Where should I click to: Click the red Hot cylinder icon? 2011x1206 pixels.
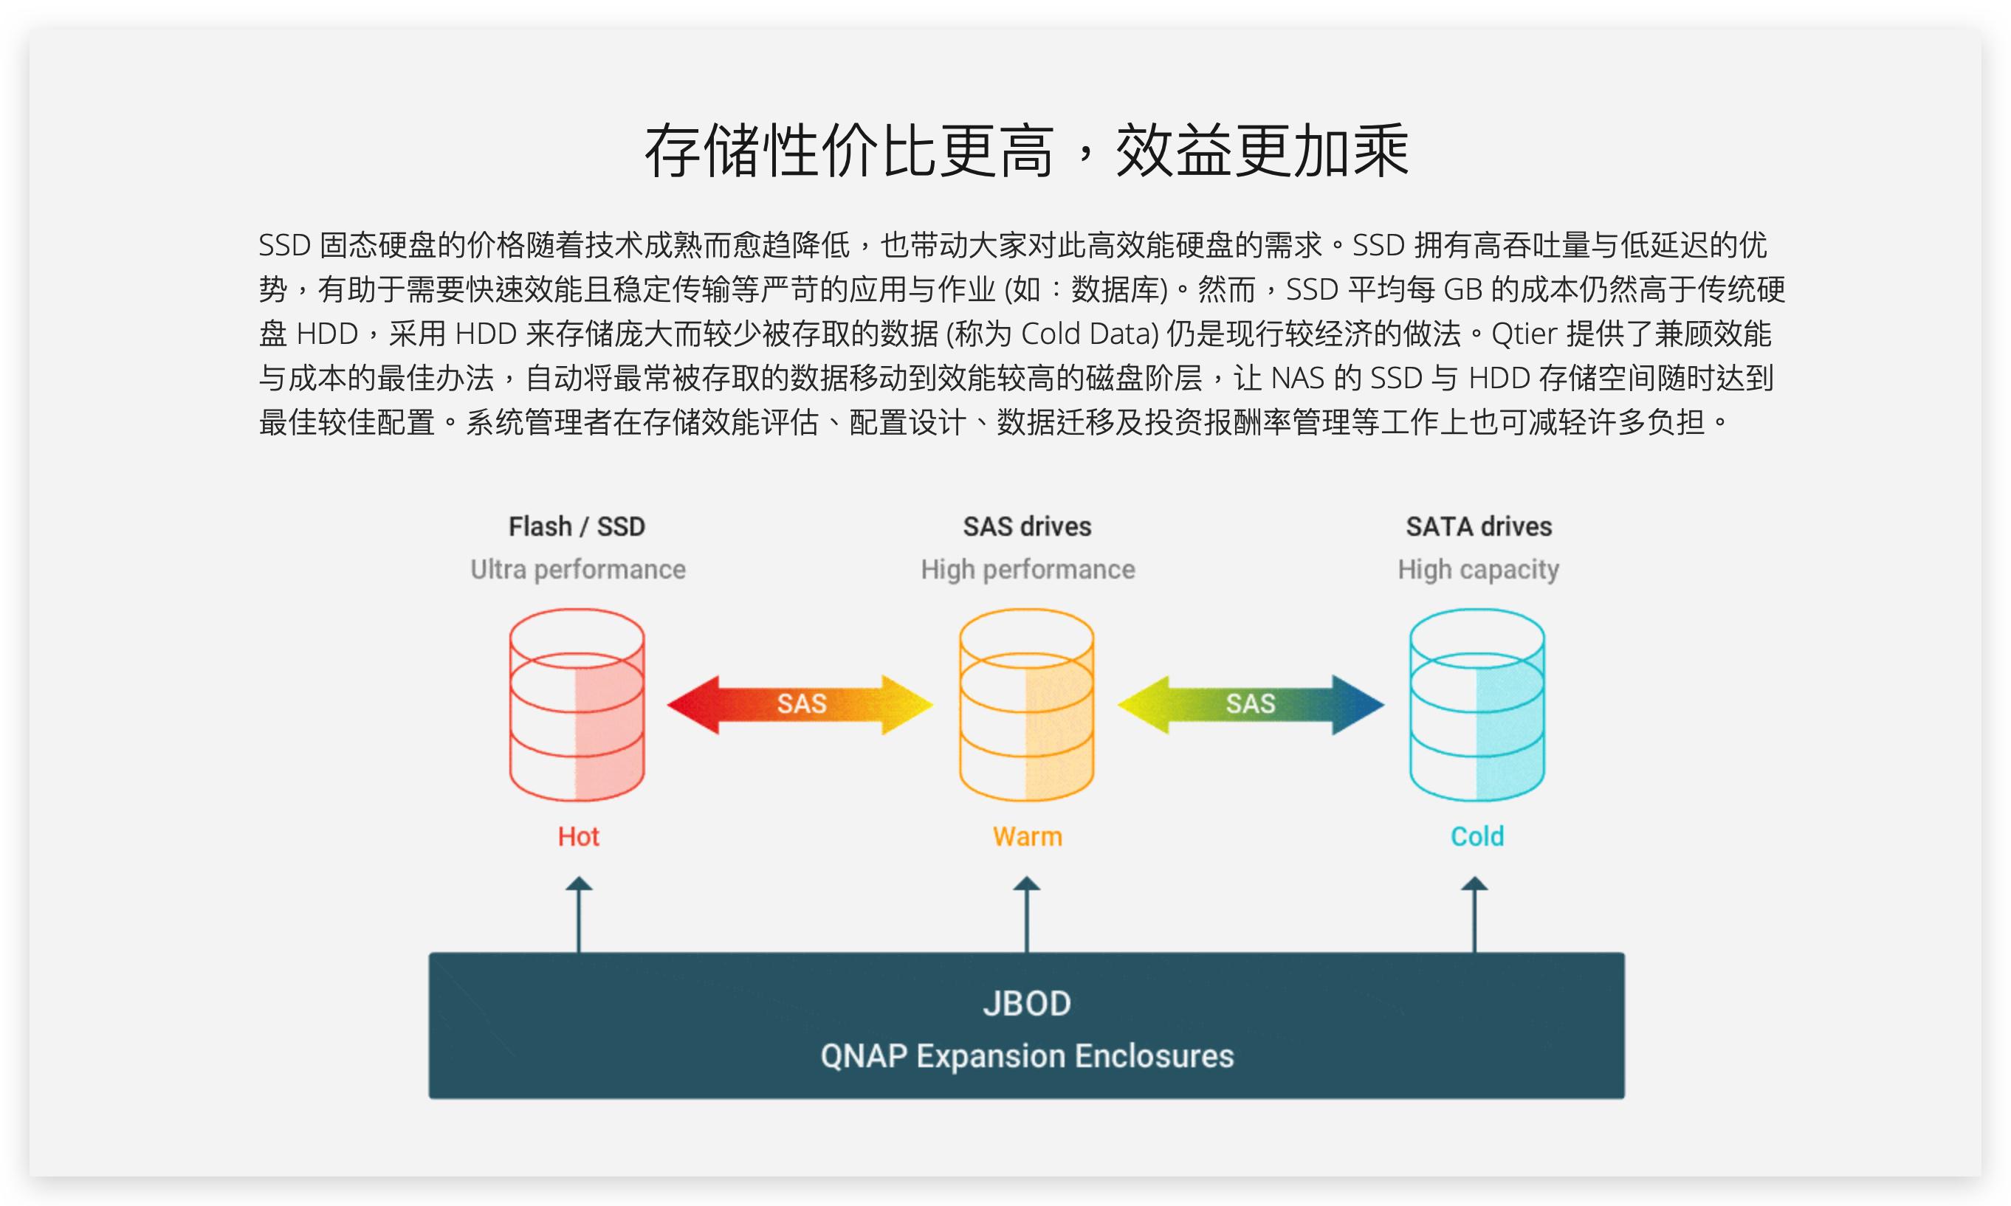point(577,705)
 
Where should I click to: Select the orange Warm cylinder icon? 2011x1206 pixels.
point(1027,705)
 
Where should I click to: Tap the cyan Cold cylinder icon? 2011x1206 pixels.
point(1477,705)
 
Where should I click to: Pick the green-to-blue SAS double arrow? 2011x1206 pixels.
point(1250,705)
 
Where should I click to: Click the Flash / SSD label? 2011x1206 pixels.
point(577,526)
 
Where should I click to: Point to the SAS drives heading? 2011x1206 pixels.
point(1027,526)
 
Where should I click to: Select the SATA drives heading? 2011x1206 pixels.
point(1479,526)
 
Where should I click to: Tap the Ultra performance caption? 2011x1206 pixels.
point(577,570)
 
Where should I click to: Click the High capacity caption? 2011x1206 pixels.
point(1479,570)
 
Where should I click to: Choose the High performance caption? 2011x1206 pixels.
point(1028,570)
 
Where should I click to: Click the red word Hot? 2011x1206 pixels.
point(578,836)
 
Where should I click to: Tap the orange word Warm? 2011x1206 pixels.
point(1028,836)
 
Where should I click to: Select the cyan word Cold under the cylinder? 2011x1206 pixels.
point(1477,836)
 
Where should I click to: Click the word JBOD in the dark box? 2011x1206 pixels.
point(1027,1004)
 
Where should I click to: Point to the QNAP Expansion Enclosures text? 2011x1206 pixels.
point(1027,1056)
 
